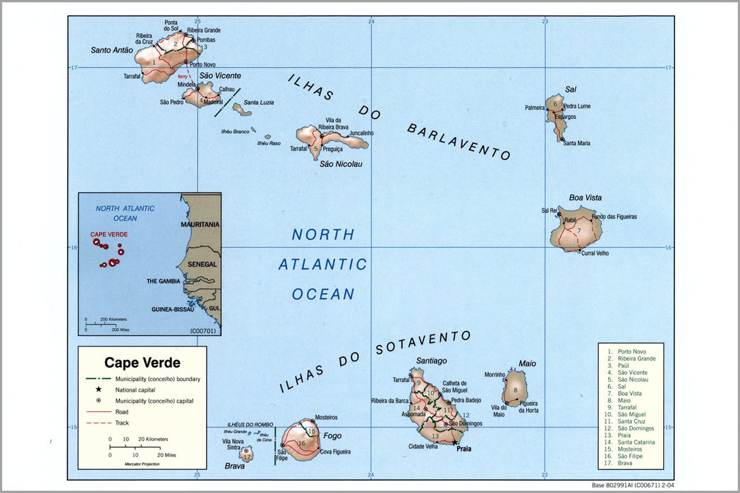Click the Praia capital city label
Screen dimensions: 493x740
click(x=463, y=448)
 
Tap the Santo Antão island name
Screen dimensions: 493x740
click(x=111, y=50)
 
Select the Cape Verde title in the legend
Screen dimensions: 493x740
click(x=142, y=363)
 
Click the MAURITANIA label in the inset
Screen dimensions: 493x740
click(x=200, y=224)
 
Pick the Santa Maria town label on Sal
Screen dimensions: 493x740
click(x=576, y=143)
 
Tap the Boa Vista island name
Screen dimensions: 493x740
click(x=585, y=198)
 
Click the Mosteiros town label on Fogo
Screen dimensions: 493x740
click(x=325, y=418)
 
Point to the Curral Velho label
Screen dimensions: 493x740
click(x=594, y=253)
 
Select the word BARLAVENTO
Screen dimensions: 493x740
click(x=459, y=142)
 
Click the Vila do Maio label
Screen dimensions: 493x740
click(x=499, y=410)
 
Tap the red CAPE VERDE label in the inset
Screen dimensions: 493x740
click(x=109, y=235)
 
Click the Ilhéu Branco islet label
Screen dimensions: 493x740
click(x=236, y=131)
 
